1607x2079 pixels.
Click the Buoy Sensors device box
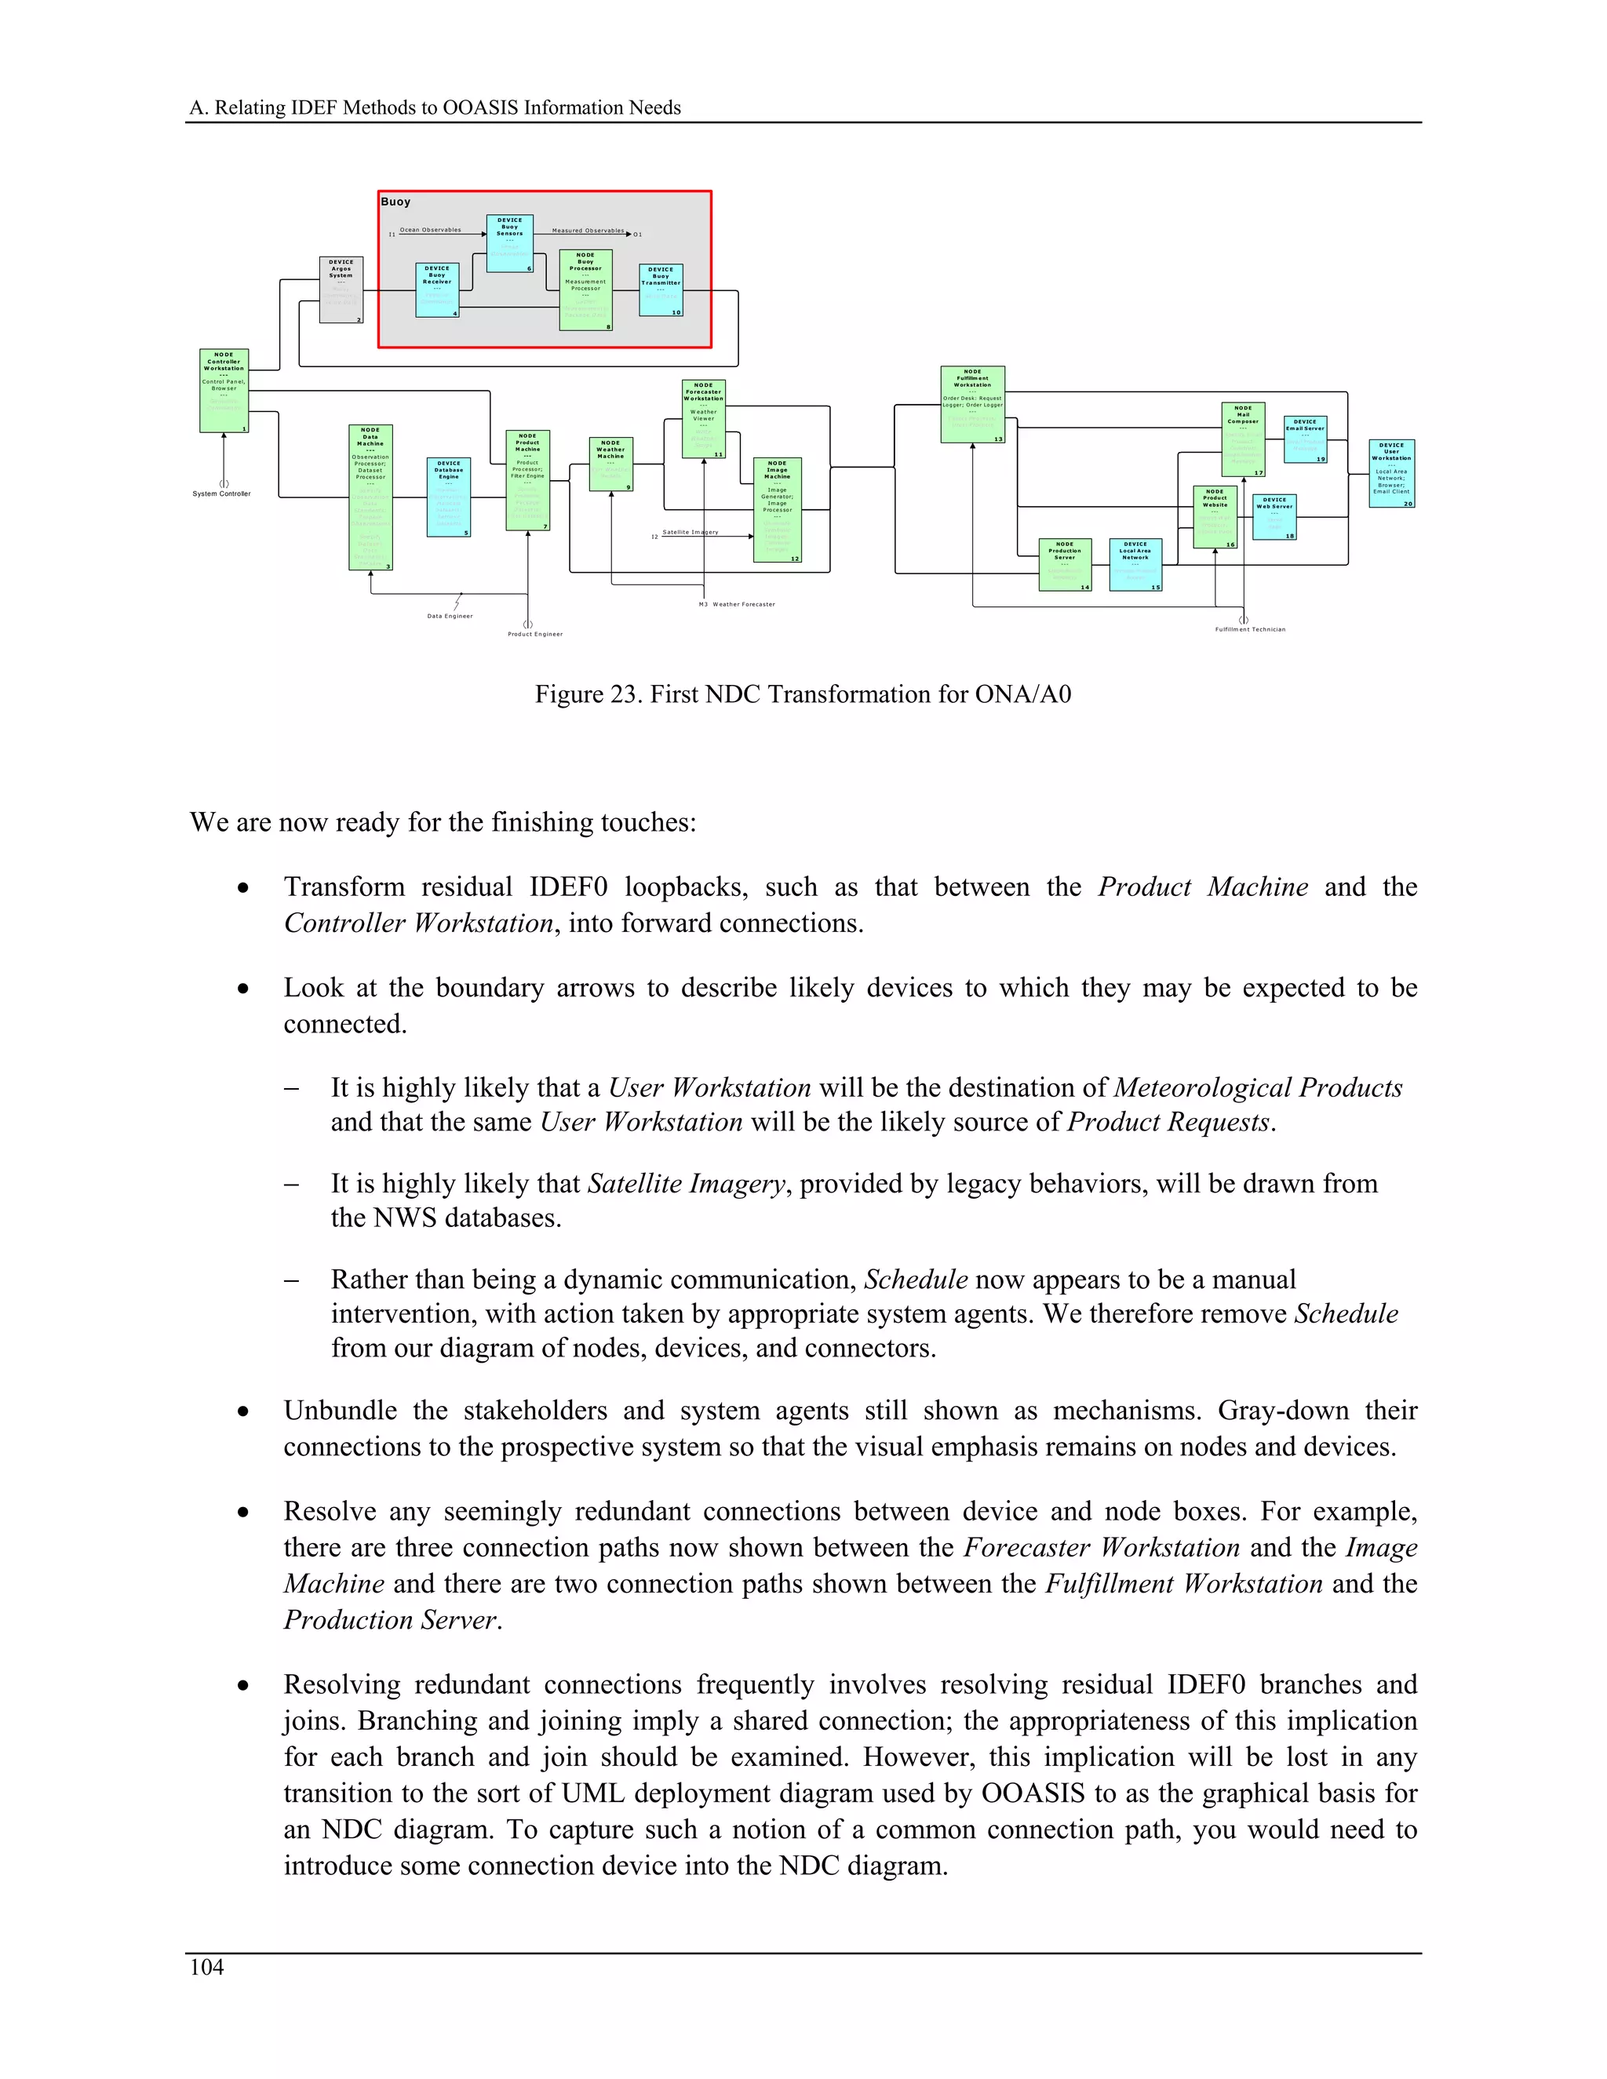coord(509,242)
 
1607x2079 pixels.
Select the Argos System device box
coord(341,289)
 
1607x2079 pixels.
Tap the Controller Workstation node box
coord(224,390)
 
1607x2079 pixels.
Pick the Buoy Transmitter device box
coord(661,290)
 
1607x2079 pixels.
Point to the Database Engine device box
coord(448,497)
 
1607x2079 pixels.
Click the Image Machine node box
coord(777,509)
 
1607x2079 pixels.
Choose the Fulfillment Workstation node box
coord(972,405)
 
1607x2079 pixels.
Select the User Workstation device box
coord(1391,473)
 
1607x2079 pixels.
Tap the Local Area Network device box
coord(1135,565)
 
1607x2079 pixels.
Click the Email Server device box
coord(1304,439)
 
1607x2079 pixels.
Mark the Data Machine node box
coord(370,497)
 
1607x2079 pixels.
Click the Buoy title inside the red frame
coord(396,202)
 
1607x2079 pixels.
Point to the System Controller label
coord(222,494)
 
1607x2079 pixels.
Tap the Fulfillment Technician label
coord(1250,629)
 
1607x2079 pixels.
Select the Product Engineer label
coord(535,634)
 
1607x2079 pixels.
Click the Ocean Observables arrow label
coord(430,229)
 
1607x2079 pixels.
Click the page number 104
coord(206,1967)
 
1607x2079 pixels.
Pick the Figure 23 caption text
coord(803,694)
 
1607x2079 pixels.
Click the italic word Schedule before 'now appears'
coord(916,1280)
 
